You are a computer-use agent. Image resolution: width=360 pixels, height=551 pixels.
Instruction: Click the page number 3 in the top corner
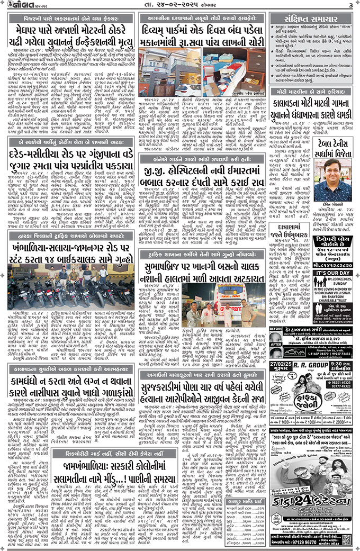click(x=350, y=5)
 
